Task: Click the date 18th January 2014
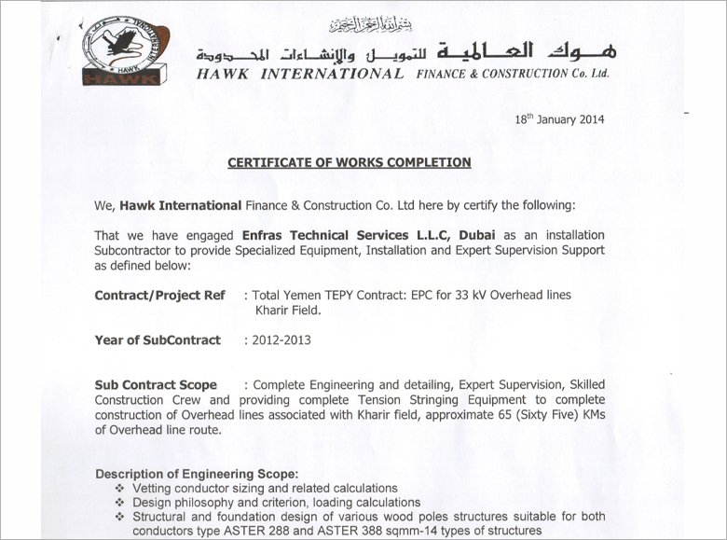point(559,119)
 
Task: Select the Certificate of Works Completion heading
point(350,162)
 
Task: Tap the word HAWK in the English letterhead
point(222,74)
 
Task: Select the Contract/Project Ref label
point(159,296)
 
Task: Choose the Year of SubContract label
point(158,340)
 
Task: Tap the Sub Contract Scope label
point(156,385)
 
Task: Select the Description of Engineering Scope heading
point(197,474)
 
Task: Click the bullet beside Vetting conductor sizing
point(118,489)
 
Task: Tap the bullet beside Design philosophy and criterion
point(118,503)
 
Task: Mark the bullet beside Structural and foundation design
point(118,517)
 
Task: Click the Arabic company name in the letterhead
point(401,51)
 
